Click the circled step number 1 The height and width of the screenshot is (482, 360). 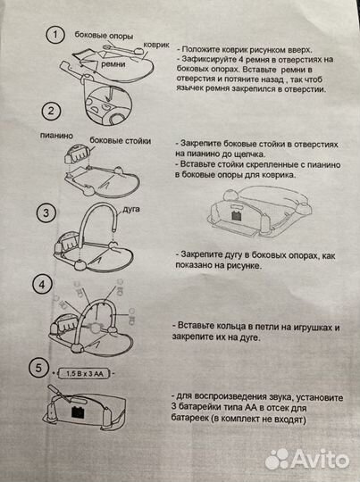pos(56,37)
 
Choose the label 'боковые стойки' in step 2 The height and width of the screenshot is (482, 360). pos(121,141)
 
